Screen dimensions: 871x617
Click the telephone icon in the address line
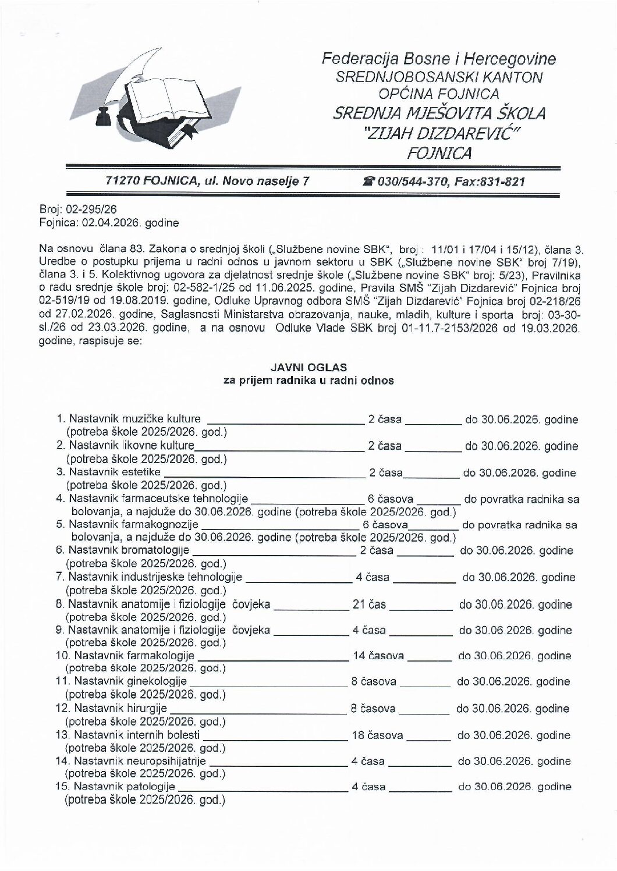[368, 182]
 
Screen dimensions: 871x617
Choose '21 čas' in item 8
[370, 605]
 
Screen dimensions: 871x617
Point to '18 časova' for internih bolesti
[378, 735]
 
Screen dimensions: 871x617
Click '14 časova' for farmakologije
[378, 656]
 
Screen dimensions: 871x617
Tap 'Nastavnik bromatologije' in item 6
[129, 550]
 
